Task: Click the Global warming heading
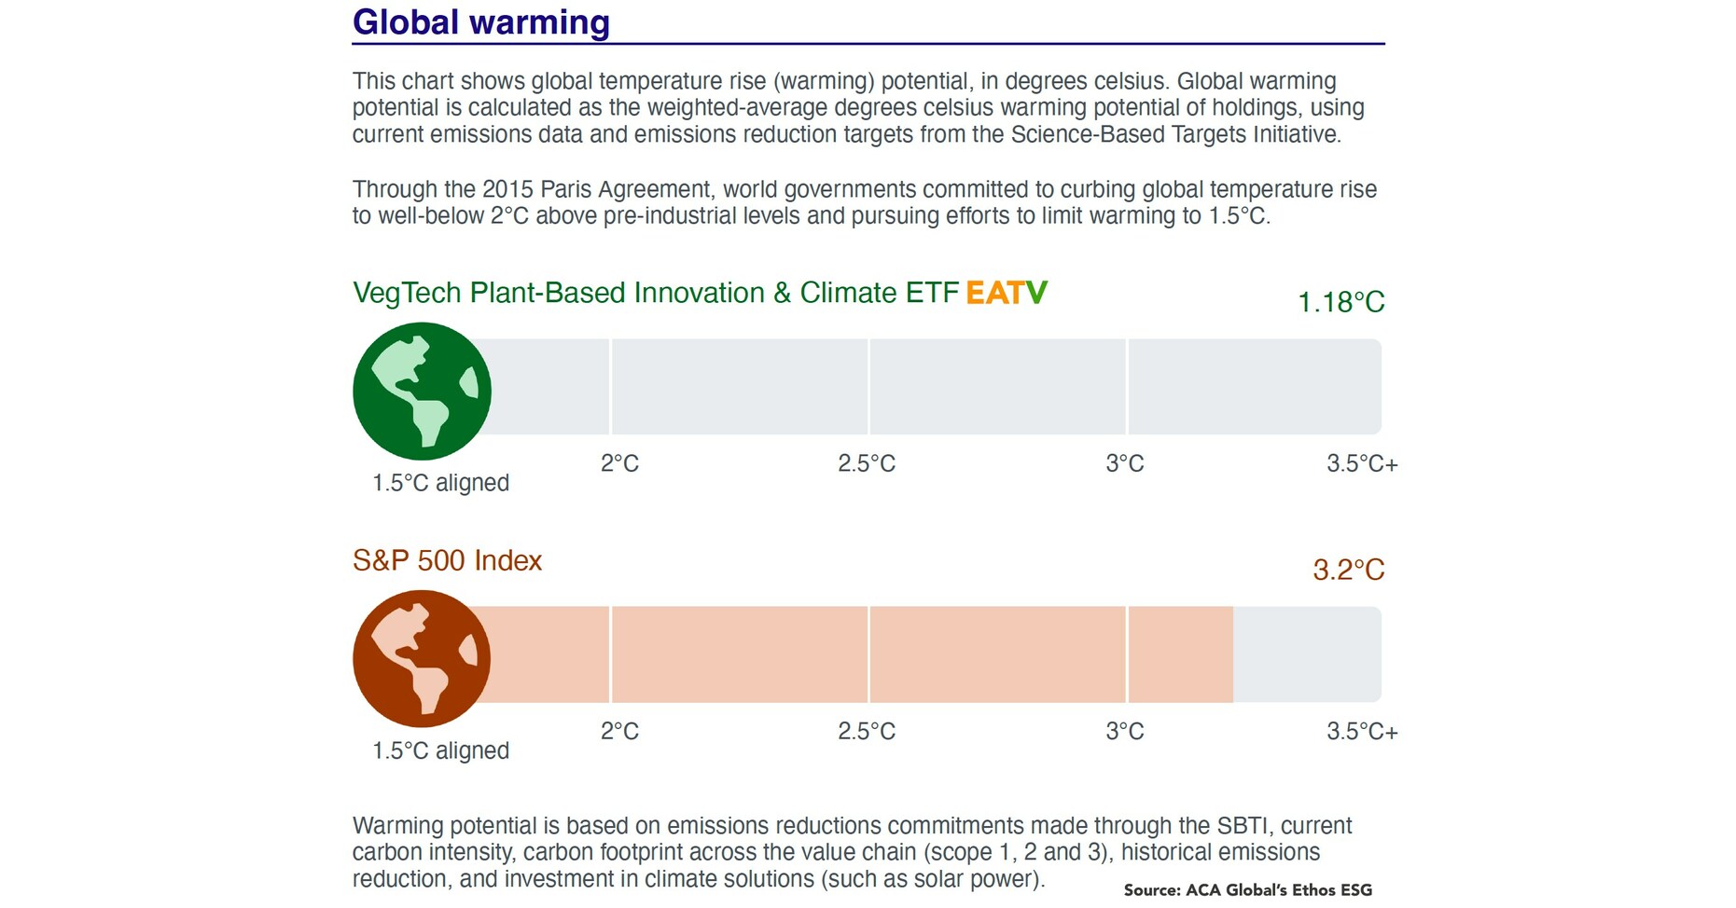[480, 22]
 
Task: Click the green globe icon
[422, 391]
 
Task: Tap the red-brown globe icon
[422, 658]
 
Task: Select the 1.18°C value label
[1340, 302]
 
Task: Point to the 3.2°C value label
[1348, 570]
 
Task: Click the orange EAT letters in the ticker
[994, 293]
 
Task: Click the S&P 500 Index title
[447, 560]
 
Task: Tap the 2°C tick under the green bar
[619, 463]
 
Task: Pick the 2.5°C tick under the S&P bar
[866, 731]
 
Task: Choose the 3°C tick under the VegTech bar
[1124, 463]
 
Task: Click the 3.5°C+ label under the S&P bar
[1361, 731]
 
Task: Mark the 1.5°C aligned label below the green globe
[440, 483]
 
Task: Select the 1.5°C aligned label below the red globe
[440, 750]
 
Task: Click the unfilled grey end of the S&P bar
[1306, 654]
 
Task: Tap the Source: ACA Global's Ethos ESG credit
[1247, 890]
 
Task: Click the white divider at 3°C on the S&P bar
[1127, 654]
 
